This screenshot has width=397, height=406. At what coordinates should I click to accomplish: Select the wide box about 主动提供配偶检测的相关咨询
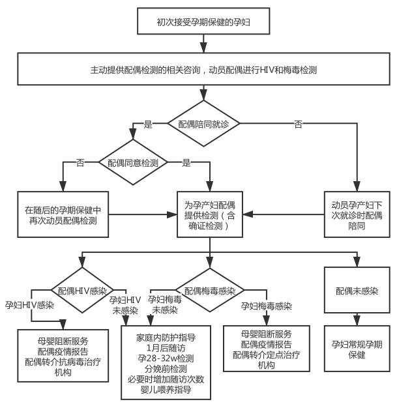coord(203,68)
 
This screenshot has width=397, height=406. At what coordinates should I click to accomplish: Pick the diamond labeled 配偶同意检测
coord(132,162)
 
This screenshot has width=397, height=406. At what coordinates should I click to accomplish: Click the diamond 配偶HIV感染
coord(81,289)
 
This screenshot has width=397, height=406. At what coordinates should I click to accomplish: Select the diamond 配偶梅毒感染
coord(209,289)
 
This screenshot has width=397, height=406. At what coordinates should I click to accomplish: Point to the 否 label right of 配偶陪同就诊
coord(298,124)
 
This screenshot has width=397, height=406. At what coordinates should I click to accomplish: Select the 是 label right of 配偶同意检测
coord(186,162)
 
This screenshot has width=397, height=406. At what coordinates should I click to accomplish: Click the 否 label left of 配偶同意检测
coord(81,162)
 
